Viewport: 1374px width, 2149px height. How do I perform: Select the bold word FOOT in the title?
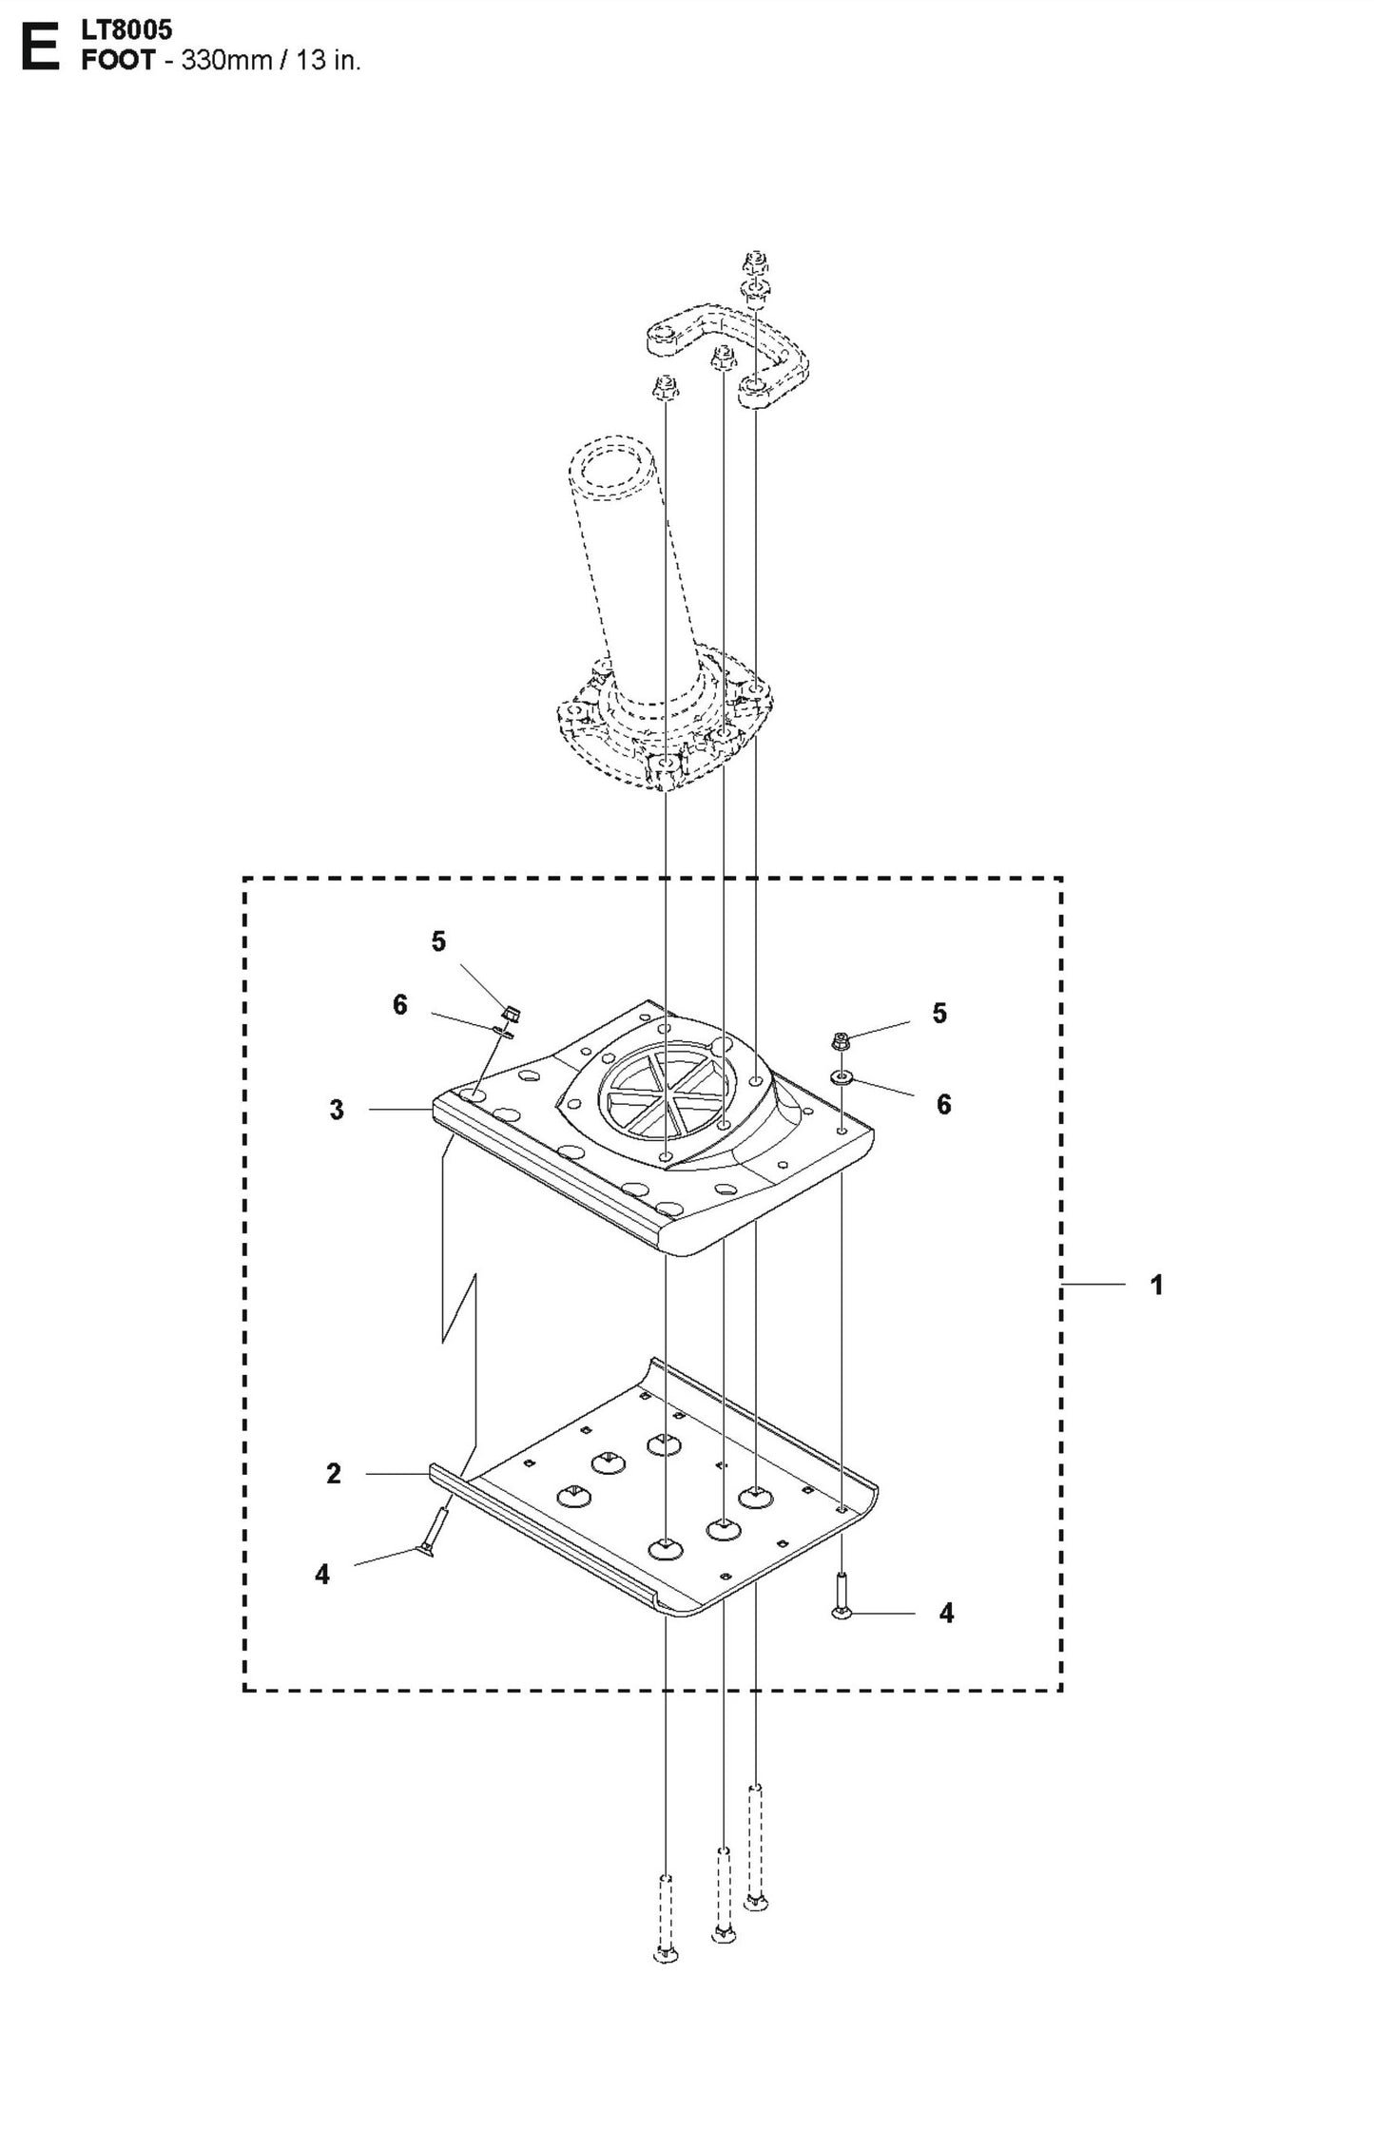(x=117, y=61)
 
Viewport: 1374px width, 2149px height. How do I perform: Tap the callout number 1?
(x=1155, y=1286)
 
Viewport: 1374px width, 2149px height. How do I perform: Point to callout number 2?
(x=333, y=1474)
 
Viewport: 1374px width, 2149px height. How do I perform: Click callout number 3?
(x=337, y=1110)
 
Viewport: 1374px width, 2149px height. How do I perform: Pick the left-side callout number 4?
(x=322, y=1575)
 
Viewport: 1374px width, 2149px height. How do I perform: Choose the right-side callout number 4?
(x=945, y=1613)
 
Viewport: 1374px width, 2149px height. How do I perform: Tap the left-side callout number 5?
(x=437, y=941)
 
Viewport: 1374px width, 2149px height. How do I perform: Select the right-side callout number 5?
(x=939, y=1014)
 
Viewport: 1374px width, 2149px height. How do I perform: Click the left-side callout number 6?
(x=400, y=1005)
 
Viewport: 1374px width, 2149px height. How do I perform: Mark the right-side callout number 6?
(x=943, y=1104)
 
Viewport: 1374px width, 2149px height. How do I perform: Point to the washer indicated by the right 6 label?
(x=842, y=1077)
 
